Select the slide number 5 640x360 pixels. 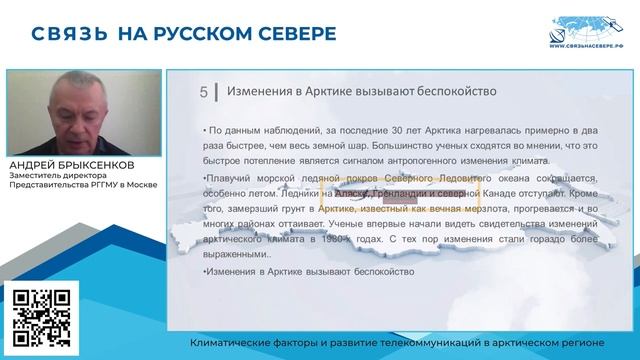tap(204, 93)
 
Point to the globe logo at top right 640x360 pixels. tap(590, 28)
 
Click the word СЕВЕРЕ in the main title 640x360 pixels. tap(285, 33)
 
